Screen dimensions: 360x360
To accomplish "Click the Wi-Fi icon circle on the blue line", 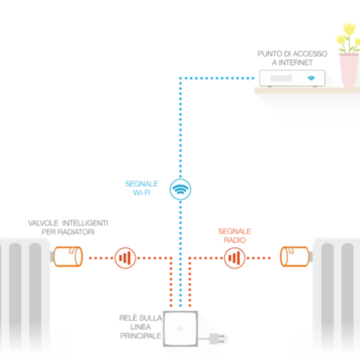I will point(180,189).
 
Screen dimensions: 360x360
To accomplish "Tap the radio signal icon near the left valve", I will point(125,258).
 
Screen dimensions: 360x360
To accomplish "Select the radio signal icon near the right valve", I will point(234,258).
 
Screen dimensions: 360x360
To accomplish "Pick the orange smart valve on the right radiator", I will point(294,256).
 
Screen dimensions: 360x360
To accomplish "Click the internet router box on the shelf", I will point(292,78).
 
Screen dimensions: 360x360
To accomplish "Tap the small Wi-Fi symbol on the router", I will point(311,78).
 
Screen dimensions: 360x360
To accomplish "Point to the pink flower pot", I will point(349,70).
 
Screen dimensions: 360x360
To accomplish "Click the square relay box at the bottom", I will point(180,328).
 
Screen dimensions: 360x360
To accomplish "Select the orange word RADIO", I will point(234,240).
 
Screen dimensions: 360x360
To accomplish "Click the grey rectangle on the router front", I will point(281,78).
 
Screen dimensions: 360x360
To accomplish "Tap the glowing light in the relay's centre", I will point(180,328).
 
